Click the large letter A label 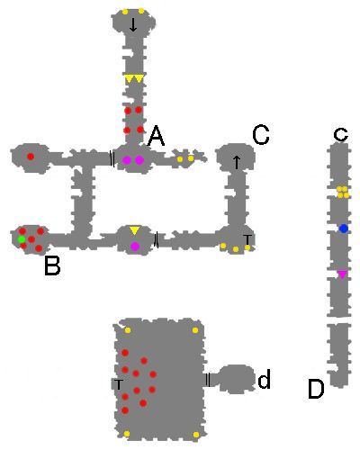[x=157, y=136]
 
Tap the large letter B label [x=52, y=265]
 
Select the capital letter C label [x=261, y=135]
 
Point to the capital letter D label [x=316, y=389]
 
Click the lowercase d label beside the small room [x=265, y=379]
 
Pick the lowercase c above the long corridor [x=341, y=134]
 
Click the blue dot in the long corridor [x=344, y=229]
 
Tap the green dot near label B [x=22, y=239]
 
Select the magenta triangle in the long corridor [x=342, y=274]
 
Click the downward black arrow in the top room [x=133, y=24]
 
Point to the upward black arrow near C [x=237, y=162]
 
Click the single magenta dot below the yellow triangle [x=135, y=247]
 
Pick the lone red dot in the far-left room [x=31, y=157]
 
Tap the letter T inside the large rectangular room [x=119, y=384]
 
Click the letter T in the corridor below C [x=247, y=239]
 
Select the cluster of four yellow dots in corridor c [x=343, y=193]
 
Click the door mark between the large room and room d [x=208, y=380]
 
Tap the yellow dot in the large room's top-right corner [x=195, y=330]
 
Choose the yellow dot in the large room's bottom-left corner [x=127, y=434]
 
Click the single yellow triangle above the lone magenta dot [x=135, y=230]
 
